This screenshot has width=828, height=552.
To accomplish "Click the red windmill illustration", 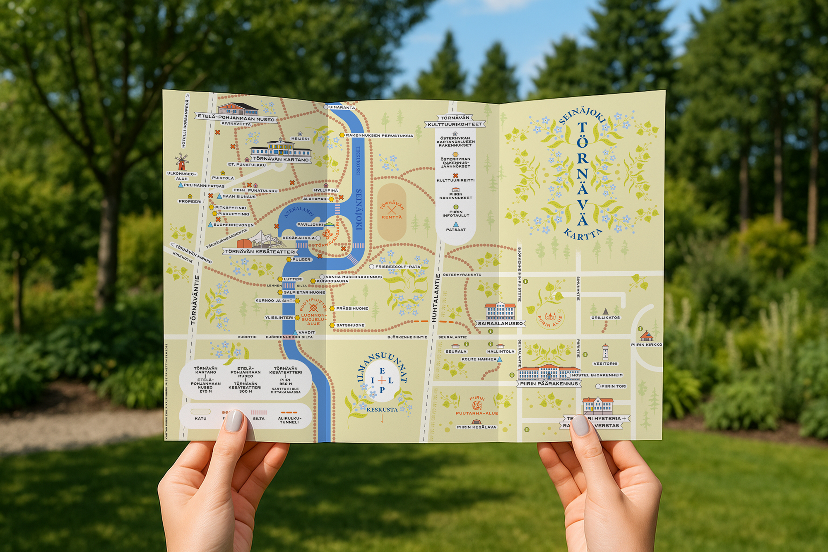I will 181,162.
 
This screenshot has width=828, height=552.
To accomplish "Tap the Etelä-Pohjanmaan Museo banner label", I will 236,118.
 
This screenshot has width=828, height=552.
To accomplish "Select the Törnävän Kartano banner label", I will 281,159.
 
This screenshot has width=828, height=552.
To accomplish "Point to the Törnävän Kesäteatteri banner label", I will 260,251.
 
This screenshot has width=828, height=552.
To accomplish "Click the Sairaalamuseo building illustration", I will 500,311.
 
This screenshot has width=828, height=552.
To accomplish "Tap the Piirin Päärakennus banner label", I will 549,384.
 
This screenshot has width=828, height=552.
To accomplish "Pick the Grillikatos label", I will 605,318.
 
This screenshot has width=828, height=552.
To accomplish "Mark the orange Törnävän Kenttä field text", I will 392,211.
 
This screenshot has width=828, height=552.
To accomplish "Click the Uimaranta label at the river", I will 342,107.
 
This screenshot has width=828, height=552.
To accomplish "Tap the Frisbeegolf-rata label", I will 397,267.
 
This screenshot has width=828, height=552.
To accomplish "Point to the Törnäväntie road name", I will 195,300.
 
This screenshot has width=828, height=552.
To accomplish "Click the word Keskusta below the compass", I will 382,410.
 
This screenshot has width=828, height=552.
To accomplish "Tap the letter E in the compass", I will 382,371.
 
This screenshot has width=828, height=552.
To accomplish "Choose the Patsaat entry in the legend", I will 455,229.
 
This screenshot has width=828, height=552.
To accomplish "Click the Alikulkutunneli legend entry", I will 289,420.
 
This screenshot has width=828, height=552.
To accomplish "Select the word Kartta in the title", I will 582,236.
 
